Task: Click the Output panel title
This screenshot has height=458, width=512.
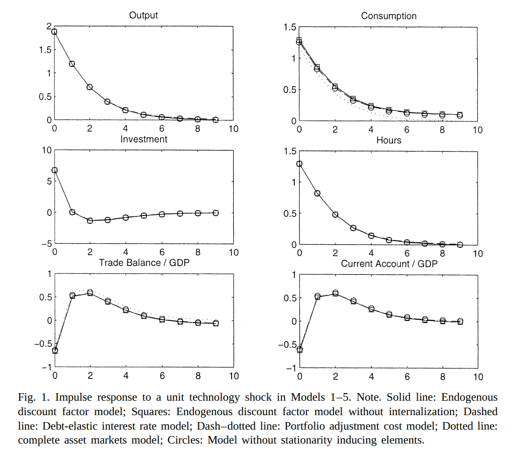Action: coord(143,16)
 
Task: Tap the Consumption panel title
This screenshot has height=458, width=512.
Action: coord(389,16)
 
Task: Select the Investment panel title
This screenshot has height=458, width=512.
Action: coord(144,139)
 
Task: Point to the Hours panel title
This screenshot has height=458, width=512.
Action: coord(389,140)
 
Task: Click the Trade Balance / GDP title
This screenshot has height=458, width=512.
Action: coord(144,263)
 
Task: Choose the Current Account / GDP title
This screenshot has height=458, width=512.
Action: coord(389,264)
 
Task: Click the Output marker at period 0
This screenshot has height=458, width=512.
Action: coord(54,32)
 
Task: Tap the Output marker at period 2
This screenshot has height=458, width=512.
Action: coord(90,87)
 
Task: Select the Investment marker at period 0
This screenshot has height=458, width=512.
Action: coord(55,170)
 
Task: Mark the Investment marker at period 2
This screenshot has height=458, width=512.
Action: coord(90,221)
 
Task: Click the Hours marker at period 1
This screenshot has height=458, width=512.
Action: coord(317,193)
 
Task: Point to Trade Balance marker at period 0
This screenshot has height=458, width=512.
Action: coord(55,351)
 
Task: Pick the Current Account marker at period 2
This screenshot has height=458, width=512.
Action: coord(336,293)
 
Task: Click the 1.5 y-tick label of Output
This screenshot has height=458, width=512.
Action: coord(45,50)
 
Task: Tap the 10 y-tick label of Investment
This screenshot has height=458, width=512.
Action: coord(47,151)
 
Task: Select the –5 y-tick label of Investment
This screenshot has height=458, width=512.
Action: coord(47,244)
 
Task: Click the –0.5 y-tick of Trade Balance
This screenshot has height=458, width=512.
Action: coord(43,344)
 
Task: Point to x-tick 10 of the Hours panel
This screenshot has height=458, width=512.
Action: coord(478,254)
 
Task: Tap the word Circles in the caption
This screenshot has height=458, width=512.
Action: coord(186,440)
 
